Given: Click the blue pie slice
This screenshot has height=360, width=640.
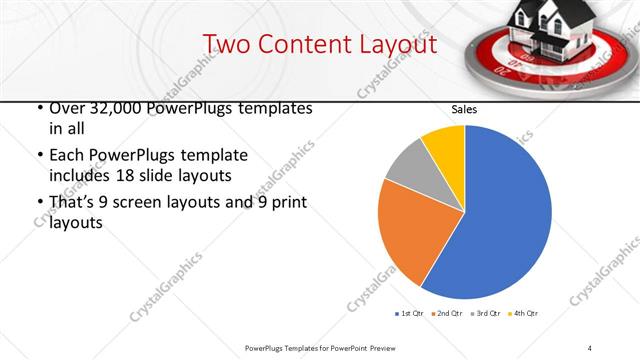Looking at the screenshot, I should pyautogui.click(x=500, y=220).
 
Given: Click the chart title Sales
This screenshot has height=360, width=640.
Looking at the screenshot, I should pyautogui.click(x=464, y=109).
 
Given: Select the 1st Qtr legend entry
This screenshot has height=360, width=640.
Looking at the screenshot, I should pyautogui.click(x=411, y=314).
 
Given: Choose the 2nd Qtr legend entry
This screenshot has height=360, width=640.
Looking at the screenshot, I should pyautogui.click(x=447, y=314).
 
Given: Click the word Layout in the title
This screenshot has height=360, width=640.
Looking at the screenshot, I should pyautogui.click(x=392, y=44).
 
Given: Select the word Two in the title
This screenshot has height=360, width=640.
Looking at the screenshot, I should pyautogui.click(x=224, y=44).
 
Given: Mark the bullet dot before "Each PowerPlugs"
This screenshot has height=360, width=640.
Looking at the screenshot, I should pyautogui.click(x=38, y=156).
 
